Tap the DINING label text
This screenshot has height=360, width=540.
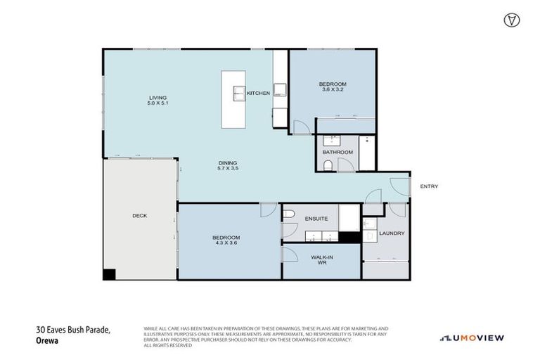pyautogui.click(x=229, y=162)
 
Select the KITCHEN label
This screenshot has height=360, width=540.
pyautogui.click(x=258, y=93)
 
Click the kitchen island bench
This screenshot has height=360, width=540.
pyautogui.click(x=233, y=98)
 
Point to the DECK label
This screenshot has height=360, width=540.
pyautogui.click(x=139, y=216)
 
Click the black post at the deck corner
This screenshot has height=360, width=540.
pyautogui.click(x=109, y=275)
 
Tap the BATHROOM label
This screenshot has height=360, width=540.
pyautogui.click(x=337, y=152)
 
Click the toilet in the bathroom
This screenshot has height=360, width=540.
pyautogui.click(x=328, y=165)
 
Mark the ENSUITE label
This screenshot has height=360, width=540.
pyautogui.click(x=316, y=219)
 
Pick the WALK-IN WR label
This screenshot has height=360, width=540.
pyautogui.click(x=321, y=260)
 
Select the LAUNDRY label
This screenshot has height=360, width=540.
pyautogui.click(x=391, y=233)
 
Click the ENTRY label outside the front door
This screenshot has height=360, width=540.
pyautogui.click(x=429, y=186)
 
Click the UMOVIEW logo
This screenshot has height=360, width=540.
pyautogui.click(x=472, y=338)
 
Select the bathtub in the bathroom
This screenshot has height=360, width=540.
pyautogui.click(x=368, y=153)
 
